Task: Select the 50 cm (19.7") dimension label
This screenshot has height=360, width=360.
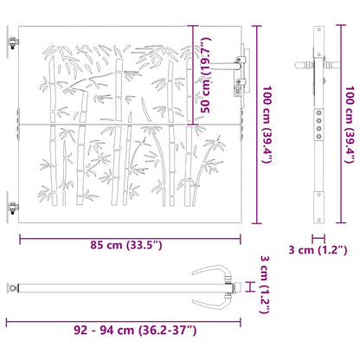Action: pyautogui.click(x=206, y=74)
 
